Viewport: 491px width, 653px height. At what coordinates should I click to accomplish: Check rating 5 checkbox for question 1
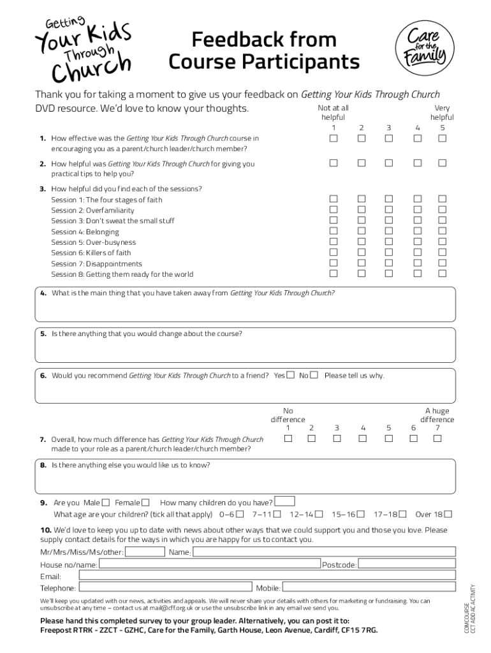pyautogui.click(x=442, y=138)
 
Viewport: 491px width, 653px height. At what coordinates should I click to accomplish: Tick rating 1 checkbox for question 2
pyautogui.click(x=333, y=163)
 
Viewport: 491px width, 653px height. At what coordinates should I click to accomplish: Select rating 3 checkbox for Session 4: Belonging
pyautogui.click(x=388, y=231)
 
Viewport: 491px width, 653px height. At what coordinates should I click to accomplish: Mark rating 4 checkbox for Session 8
pyautogui.click(x=417, y=274)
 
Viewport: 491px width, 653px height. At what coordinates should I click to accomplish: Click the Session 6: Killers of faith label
pyautogui.click(x=91, y=253)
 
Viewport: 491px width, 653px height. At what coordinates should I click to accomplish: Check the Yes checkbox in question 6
pyautogui.click(x=291, y=375)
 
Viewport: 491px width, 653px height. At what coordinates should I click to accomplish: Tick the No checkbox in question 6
pyautogui.click(x=314, y=375)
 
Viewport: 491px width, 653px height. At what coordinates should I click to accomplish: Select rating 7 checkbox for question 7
pyautogui.click(x=438, y=439)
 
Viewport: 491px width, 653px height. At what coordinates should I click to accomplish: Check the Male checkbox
pyautogui.click(x=106, y=503)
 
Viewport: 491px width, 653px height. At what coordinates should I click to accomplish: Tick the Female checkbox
pyautogui.click(x=146, y=503)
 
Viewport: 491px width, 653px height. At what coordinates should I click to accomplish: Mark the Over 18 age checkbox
pyautogui.click(x=448, y=514)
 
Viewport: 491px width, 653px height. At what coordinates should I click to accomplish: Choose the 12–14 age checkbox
pyautogui.click(x=319, y=514)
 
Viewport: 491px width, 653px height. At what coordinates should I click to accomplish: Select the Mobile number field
pyautogui.click(x=369, y=587)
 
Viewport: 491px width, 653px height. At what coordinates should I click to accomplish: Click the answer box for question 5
pyautogui.click(x=246, y=349)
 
